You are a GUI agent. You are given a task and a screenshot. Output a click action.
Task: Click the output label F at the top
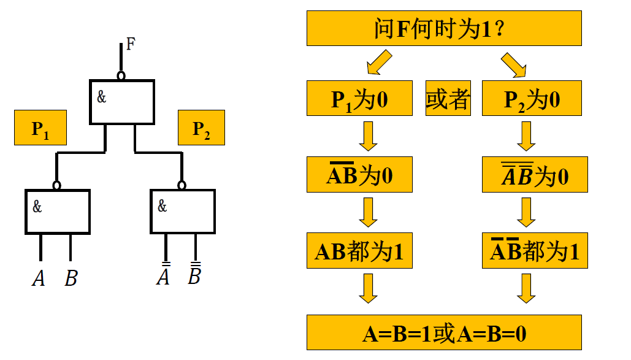pyautogui.click(x=131, y=44)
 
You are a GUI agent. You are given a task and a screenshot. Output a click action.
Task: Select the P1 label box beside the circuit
pyautogui.click(x=40, y=128)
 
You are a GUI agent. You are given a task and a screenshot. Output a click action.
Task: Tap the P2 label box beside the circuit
pyautogui.click(x=201, y=128)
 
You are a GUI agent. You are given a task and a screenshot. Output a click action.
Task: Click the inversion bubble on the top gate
pyautogui.click(x=121, y=75)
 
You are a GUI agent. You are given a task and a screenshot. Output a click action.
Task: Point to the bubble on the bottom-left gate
pyautogui.click(x=57, y=185)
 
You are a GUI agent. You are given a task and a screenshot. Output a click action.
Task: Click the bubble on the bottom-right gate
pyautogui.click(x=182, y=185)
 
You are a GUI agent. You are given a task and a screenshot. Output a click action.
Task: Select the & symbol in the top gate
pyautogui.click(x=102, y=97)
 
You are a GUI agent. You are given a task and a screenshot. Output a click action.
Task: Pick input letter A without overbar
pyautogui.click(x=39, y=279)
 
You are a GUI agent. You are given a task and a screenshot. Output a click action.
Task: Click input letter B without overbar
pyautogui.click(x=71, y=279)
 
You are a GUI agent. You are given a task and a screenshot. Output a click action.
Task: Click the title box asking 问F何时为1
pyautogui.click(x=444, y=28)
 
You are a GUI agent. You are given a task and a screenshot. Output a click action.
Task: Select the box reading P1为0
pyautogui.click(x=359, y=99)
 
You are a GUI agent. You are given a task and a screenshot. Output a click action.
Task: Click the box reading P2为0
pyautogui.click(x=531, y=99)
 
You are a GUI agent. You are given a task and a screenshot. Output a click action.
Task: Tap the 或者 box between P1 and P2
pyautogui.click(x=448, y=99)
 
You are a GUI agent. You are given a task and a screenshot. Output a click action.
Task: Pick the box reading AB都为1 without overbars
pyautogui.click(x=359, y=251)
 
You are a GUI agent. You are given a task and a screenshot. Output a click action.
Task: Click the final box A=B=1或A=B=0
pyautogui.click(x=444, y=333)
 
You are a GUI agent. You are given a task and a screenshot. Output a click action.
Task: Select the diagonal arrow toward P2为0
pyautogui.click(x=514, y=65)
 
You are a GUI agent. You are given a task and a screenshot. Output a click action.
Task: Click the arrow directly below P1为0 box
pyautogui.click(x=368, y=136)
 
